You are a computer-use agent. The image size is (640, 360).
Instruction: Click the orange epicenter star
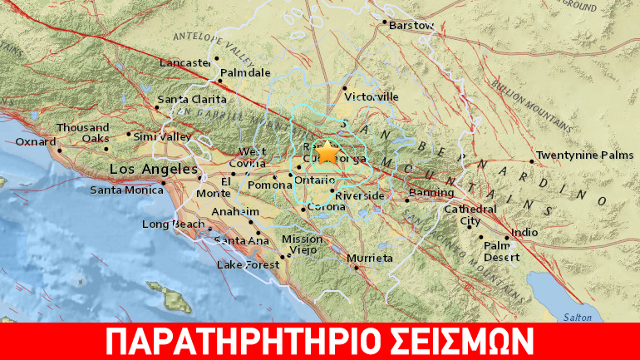pyautogui.click(x=328, y=152)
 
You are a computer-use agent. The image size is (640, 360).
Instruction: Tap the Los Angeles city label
pyautogui.click(x=143, y=170)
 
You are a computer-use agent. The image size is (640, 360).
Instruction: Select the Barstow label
pyautogui.click(x=413, y=26)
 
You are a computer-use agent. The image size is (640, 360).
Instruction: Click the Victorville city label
pyautogui.click(x=372, y=97)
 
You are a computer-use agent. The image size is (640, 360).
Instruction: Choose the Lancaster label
pyautogui.click(x=184, y=62)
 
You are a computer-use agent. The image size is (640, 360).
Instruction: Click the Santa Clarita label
pyautogui.click(x=185, y=101)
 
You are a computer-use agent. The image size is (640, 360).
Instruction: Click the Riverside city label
pyautogui.click(x=360, y=196)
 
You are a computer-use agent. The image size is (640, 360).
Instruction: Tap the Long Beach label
pyautogui.click(x=168, y=224)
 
